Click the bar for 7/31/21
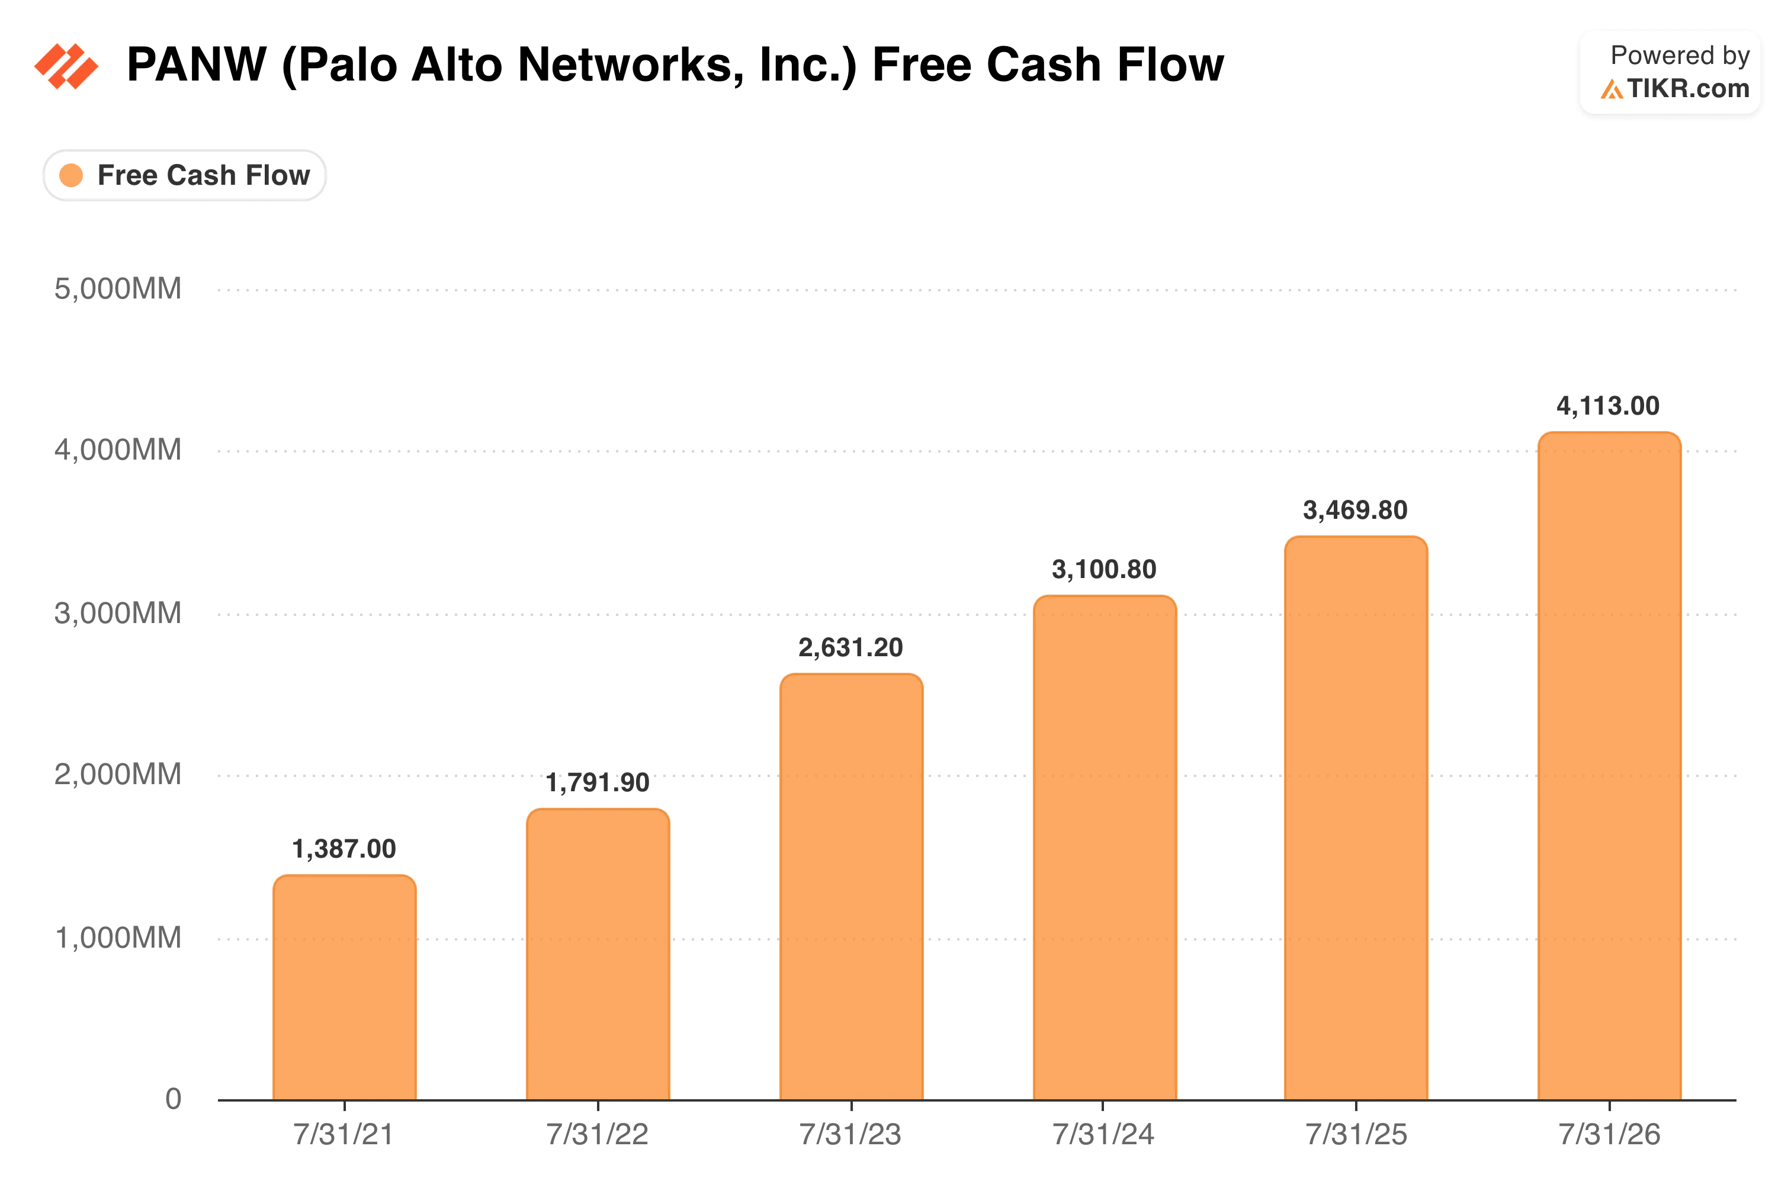[x=344, y=988]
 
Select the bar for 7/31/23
[x=851, y=887]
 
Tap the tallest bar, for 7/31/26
[x=1609, y=766]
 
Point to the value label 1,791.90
[x=598, y=783]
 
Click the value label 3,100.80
[x=1104, y=570]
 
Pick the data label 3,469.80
[x=1356, y=510]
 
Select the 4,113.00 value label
[x=1608, y=406]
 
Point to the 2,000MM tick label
[x=118, y=775]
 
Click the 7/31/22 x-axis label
[x=598, y=1135]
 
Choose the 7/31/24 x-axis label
[x=1103, y=1135]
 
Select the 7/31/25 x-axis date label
[x=1356, y=1135]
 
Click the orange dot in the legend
[x=71, y=175]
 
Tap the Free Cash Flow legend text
[x=204, y=175]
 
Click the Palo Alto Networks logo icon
[x=66, y=66]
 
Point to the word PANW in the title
[x=197, y=64]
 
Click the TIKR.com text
[x=1689, y=89]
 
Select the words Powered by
[x=1681, y=56]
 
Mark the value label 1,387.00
[x=344, y=849]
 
